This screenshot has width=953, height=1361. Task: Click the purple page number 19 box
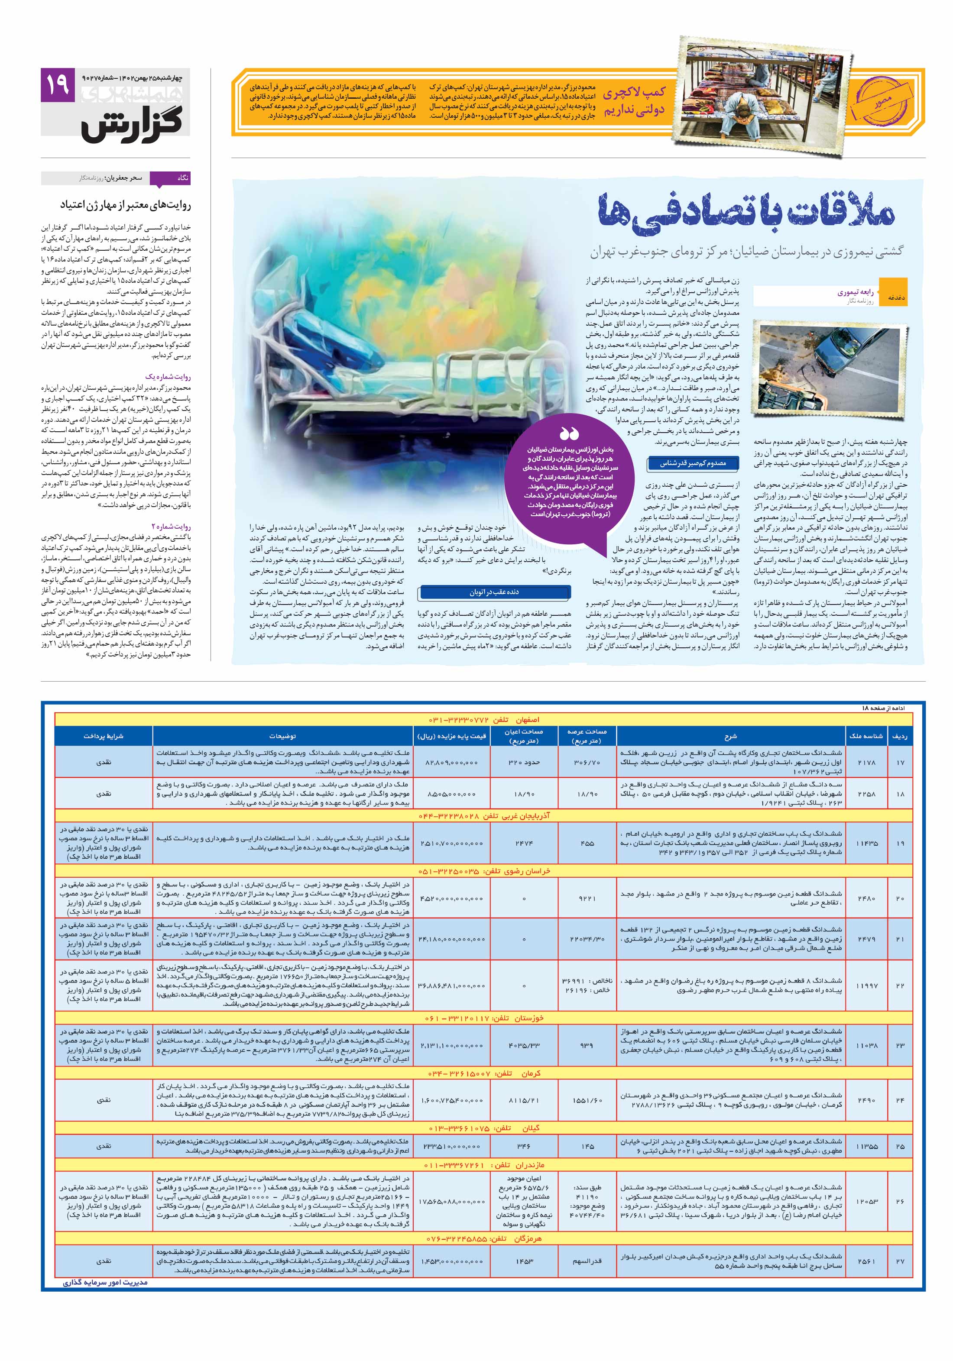[58, 85]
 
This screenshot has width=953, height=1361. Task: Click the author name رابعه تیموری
[855, 292]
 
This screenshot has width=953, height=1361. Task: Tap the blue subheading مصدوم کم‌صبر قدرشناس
[693, 463]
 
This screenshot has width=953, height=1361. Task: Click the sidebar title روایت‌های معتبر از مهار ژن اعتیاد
[125, 205]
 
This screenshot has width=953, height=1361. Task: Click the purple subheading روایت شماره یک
[168, 376]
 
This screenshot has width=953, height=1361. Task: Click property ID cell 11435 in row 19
[866, 843]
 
